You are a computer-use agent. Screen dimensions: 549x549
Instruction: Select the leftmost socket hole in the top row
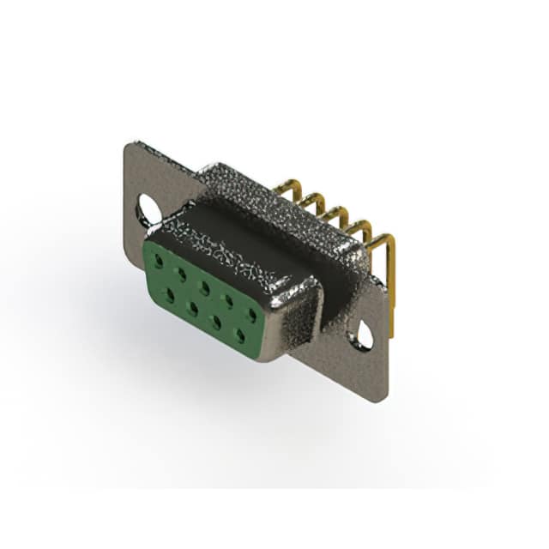click(159, 256)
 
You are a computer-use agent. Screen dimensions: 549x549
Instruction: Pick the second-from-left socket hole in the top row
click(182, 269)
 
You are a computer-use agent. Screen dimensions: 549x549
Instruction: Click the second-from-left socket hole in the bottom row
click(193, 306)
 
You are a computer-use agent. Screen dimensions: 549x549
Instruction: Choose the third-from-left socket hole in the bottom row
click(216, 321)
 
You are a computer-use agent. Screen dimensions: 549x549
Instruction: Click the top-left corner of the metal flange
click(129, 146)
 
